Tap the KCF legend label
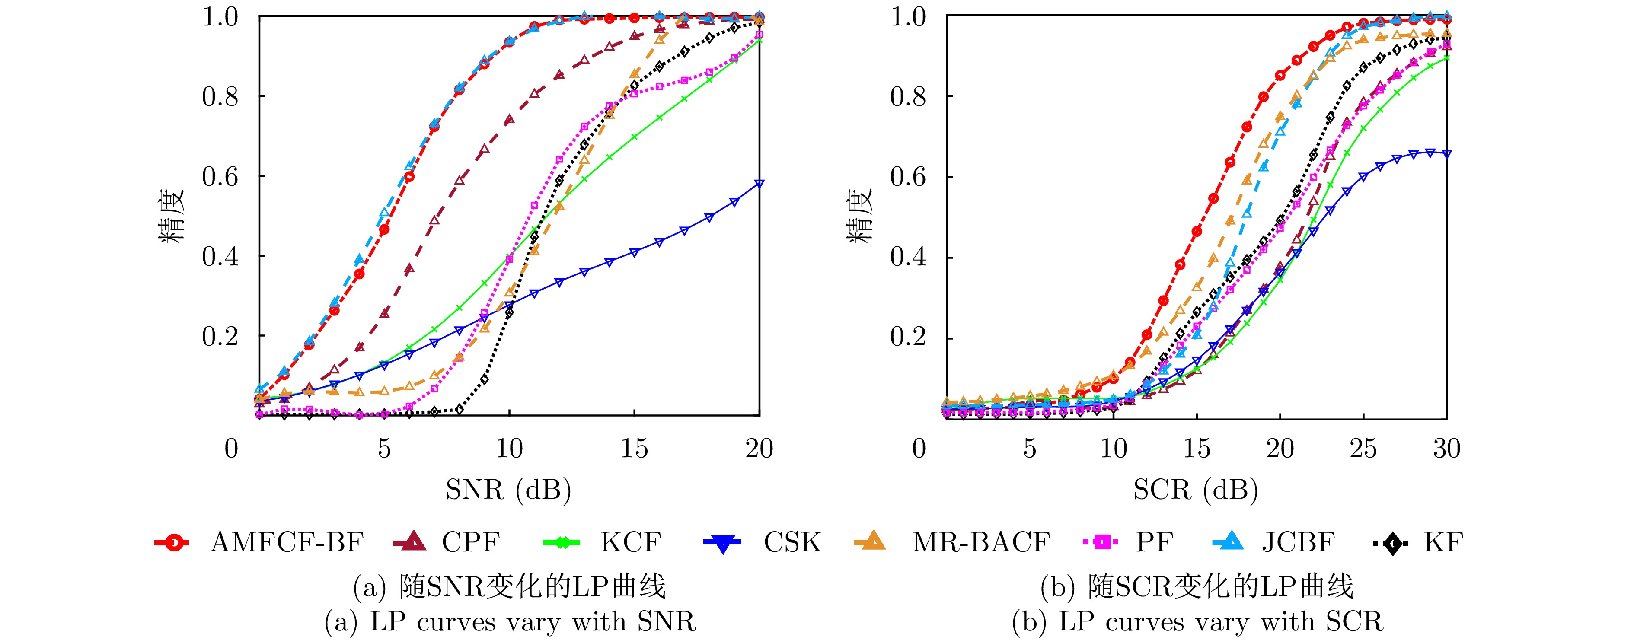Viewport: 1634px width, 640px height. pos(631,542)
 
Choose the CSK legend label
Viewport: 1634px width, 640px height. pos(792,542)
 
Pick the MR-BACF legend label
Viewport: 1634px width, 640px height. pos(981,542)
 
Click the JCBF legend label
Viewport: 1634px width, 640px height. pos(1298,542)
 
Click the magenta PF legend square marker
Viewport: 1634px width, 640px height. pos(1104,542)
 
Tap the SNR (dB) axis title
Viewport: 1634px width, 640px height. pos(508,490)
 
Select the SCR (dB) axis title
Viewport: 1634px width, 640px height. pos(1196,490)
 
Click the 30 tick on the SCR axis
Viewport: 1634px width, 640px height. pos(1447,449)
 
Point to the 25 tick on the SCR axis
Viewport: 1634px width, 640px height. pos(1363,449)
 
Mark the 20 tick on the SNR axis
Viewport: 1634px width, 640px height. pos(759,449)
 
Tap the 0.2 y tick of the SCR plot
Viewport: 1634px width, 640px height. pos(908,338)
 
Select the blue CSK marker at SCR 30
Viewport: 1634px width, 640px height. pos(1447,153)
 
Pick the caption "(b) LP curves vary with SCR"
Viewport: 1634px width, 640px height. pos(1197,621)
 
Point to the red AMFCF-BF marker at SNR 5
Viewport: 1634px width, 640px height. pos(384,229)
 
